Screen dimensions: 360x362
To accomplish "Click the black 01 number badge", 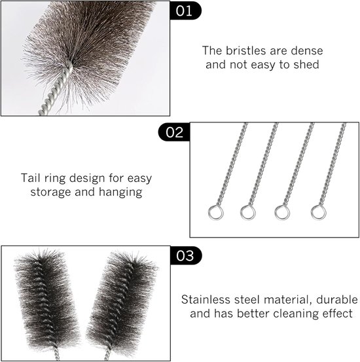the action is pyautogui.click(x=185, y=10).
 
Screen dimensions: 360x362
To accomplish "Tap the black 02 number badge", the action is pyautogui.click(x=174, y=132).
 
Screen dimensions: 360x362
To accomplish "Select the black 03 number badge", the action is pyautogui.click(x=185, y=255).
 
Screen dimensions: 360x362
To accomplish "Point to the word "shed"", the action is pyautogui.click(x=306, y=64).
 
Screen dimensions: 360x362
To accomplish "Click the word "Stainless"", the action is pyautogui.click(x=206, y=300).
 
